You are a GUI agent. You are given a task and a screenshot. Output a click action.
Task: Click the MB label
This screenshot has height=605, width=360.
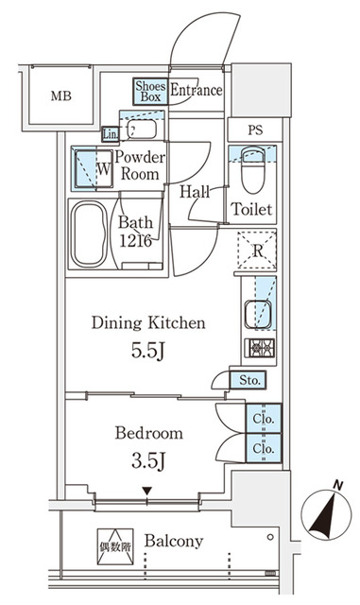(x=60, y=95)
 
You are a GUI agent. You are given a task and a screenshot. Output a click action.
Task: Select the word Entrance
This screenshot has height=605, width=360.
(x=197, y=91)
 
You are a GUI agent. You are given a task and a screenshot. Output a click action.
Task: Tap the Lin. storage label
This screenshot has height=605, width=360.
(x=110, y=131)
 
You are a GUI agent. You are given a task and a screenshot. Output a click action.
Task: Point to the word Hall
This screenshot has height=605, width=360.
(x=195, y=190)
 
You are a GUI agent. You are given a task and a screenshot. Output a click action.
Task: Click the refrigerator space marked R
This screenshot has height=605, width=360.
(x=255, y=251)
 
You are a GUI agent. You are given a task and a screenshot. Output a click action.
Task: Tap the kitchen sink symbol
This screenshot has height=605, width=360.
(x=256, y=309)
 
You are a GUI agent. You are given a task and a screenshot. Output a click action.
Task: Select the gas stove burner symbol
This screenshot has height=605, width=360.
(x=260, y=347)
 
